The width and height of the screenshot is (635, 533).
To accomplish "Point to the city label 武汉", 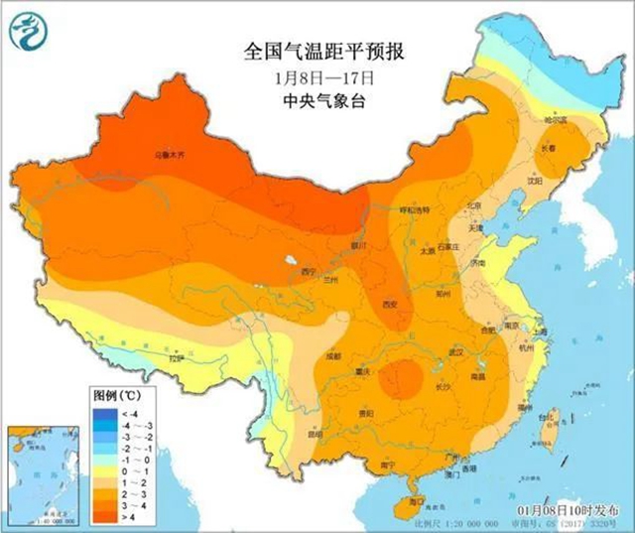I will tap(456, 352).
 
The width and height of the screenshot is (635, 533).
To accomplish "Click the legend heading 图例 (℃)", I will tap(115, 395).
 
